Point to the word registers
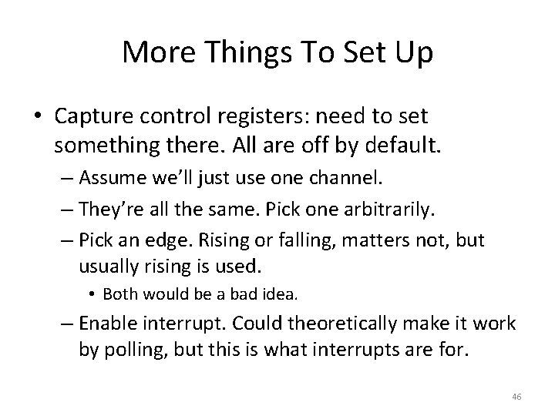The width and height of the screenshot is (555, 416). coord(264,116)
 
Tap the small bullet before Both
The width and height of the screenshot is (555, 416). coord(92,294)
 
